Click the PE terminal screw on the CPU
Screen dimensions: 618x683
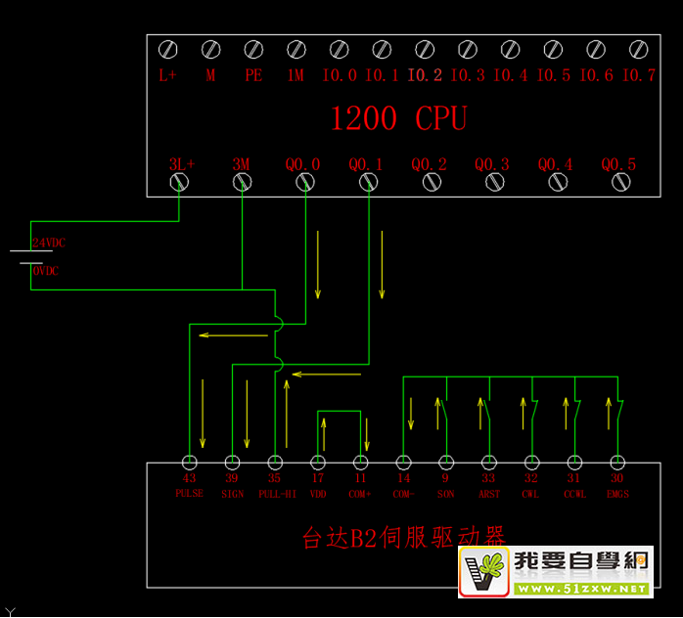coord(253,49)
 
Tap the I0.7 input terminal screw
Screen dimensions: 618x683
coord(638,49)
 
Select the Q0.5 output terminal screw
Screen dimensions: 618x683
coord(618,182)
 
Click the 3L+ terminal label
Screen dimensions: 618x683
coord(181,164)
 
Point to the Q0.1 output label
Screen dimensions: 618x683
coord(366,164)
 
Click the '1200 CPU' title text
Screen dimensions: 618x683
coord(398,118)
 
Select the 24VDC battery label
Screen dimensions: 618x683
coord(49,243)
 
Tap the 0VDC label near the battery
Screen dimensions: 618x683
coord(46,271)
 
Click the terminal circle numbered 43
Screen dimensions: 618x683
coord(189,462)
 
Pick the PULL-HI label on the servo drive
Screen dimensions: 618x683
coord(277,494)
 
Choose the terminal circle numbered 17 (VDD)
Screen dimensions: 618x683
coord(318,462)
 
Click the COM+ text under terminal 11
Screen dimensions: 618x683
coord(360,494)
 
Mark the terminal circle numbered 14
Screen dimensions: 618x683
coord(403,462)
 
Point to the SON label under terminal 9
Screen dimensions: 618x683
coord(446,494)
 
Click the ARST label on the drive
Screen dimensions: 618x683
coord(488,494)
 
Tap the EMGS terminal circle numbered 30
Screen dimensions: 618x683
coord(616,462)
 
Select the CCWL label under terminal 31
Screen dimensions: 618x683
coord(574,494)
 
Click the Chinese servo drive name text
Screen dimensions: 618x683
coord(402,537)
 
